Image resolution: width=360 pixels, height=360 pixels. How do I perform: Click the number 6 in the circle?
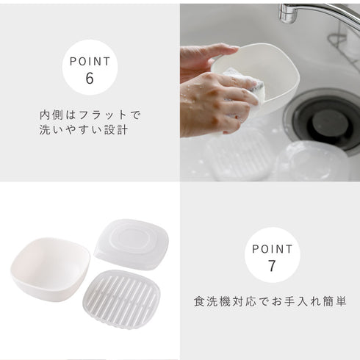[x=90, y=78]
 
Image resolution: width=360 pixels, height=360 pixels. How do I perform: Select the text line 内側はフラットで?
[x=90, y=115]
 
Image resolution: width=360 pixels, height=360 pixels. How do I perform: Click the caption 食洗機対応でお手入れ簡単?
[x=270, y=302]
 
